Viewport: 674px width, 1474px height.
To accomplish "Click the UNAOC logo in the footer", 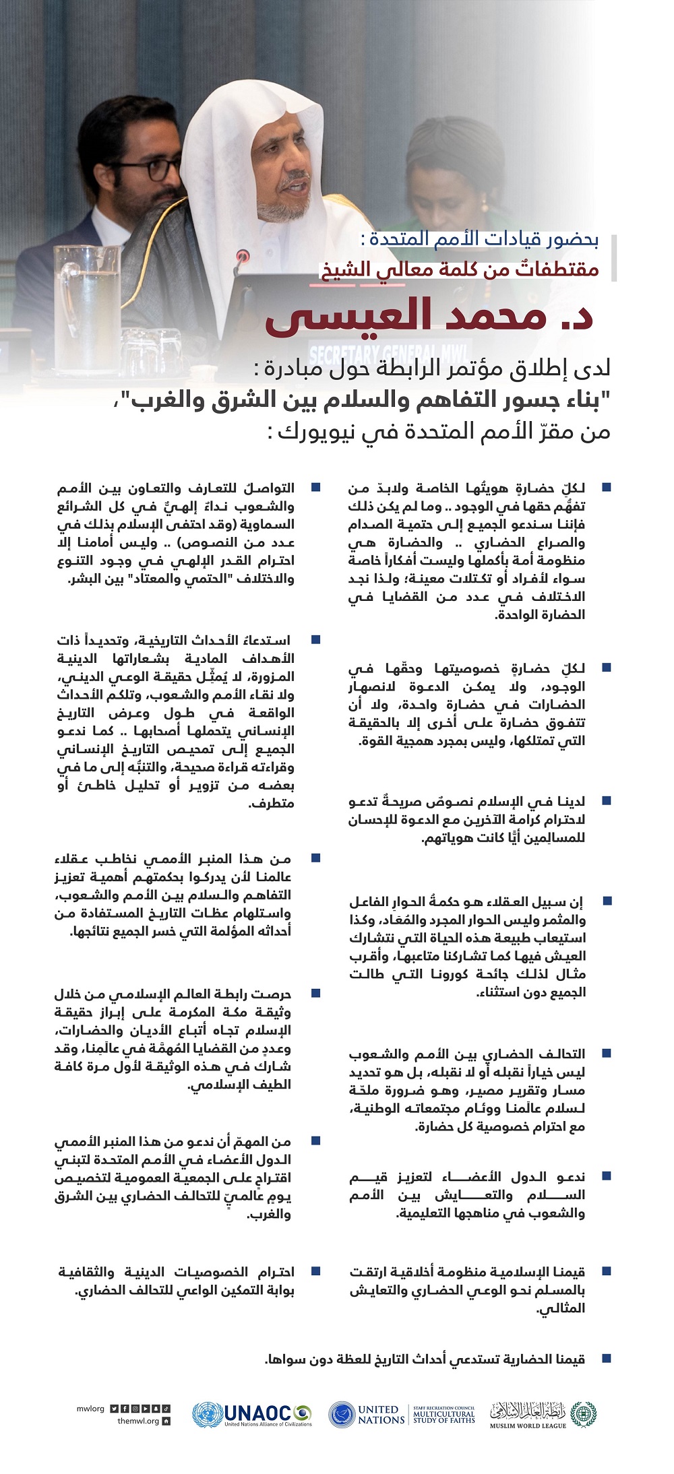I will (252, 1414).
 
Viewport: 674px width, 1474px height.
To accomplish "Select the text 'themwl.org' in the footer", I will (137, 1421).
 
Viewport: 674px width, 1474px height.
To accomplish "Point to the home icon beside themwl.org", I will (166, 1421).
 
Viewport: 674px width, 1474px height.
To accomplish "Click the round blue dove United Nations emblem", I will (342, 1414).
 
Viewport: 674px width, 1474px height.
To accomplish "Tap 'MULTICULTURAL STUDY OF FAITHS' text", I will (444, 1415).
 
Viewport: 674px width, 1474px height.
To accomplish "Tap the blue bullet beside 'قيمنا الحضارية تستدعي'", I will (606, 1359).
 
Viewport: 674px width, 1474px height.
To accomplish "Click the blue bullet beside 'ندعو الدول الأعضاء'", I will (606, 1176).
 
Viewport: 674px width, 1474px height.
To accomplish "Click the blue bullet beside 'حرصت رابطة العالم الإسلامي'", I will (315, 994).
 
